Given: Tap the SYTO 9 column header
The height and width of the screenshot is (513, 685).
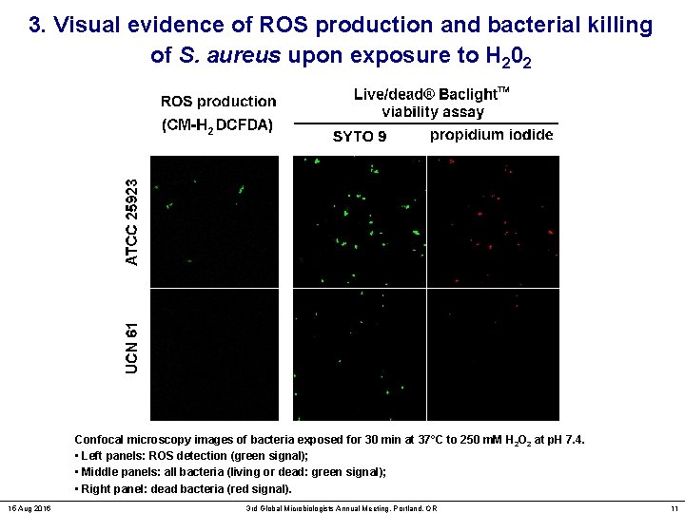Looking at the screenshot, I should click(x=360, y=136).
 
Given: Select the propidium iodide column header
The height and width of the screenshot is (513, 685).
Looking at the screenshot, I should click(x=491, y=135).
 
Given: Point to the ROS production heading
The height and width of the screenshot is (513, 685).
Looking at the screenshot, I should click(x=218, y=101).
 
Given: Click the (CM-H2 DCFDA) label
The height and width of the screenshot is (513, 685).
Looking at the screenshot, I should click(x=217, y=123).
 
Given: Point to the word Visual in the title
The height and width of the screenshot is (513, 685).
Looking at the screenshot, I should click(x=87, y=26).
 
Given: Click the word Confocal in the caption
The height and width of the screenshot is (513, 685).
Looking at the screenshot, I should click(x=99, y=440).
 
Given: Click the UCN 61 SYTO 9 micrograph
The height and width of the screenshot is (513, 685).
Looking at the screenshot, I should click(x=360, y=353).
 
